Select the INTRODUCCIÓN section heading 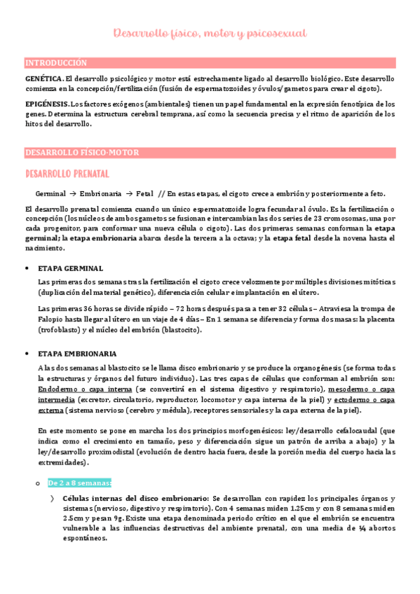pos(56,62)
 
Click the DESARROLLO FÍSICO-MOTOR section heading pos(82,152)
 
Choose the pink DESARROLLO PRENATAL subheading pos(67,173)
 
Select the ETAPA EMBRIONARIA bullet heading pos(78,354)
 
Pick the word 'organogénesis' pos(302,368)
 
